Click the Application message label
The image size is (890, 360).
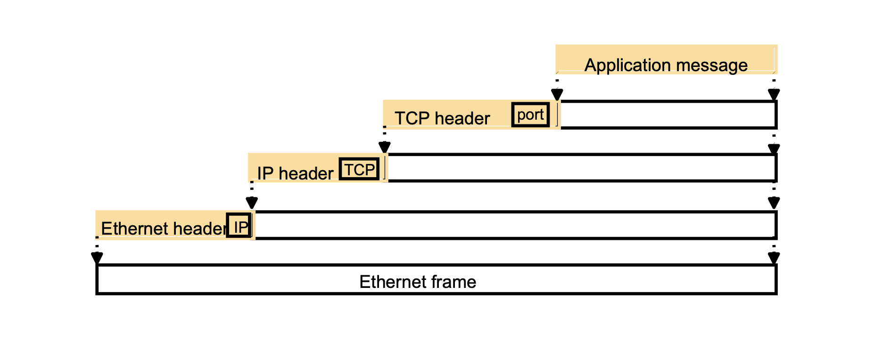pos(666,65)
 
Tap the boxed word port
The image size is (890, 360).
pos(530,115)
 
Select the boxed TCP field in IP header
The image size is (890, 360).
pos(359,169)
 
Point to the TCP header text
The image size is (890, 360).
pos(442,118)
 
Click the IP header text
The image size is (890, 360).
pos(295,173)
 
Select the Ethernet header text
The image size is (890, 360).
pos(163,229)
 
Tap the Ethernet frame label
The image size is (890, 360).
pos(418,282)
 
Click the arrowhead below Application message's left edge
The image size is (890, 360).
pos(557,94)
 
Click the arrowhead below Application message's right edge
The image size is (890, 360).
pos(774,94)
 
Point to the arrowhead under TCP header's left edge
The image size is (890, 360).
pos(384,147)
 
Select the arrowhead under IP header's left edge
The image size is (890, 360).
pos(252,203)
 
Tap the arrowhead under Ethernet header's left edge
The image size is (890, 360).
pos(97,258)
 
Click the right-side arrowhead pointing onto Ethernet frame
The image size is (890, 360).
pos(774,258)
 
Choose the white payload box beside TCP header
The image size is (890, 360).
pos(667,115)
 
